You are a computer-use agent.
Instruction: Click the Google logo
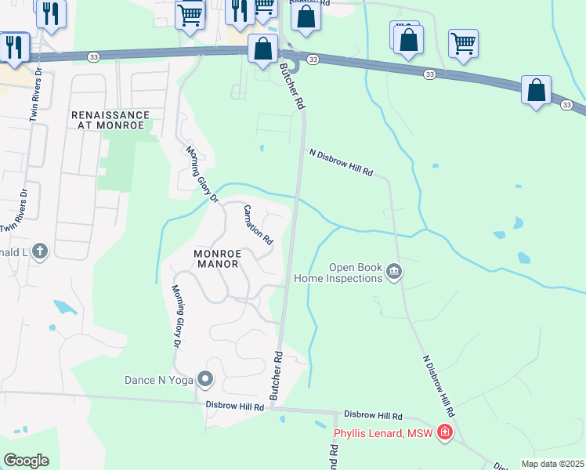tap(26, 461)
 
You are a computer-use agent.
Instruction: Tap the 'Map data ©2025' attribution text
tap(553, 464)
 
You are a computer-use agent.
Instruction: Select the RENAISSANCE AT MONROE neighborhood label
tap(108, 120)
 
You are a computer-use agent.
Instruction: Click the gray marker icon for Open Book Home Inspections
tap(393, 272)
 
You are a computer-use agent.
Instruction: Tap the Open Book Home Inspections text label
tap(338, 272)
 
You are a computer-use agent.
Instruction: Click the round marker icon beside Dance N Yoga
tap(205, 381)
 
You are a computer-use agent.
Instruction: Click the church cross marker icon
tap(40, 251)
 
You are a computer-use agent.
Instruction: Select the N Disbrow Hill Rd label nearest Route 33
tap(341, 162)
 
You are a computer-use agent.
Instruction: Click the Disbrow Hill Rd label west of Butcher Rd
tap(234, 406)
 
